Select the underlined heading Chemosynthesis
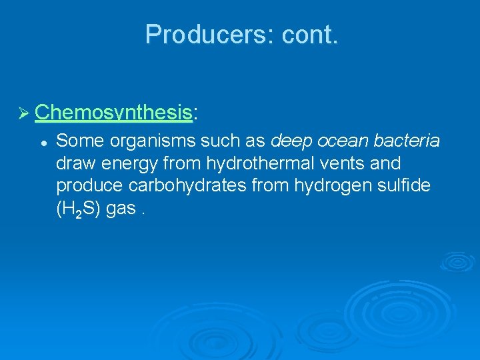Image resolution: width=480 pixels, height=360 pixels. tap(113, 113)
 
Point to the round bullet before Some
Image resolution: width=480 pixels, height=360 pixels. tap(42, 141)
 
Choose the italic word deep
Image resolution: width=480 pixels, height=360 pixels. tap(291, 141)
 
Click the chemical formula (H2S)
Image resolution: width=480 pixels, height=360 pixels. tap(78, 208)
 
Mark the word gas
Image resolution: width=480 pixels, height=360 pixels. tap(121, 208)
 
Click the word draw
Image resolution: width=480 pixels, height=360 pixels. tap(76, 163)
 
